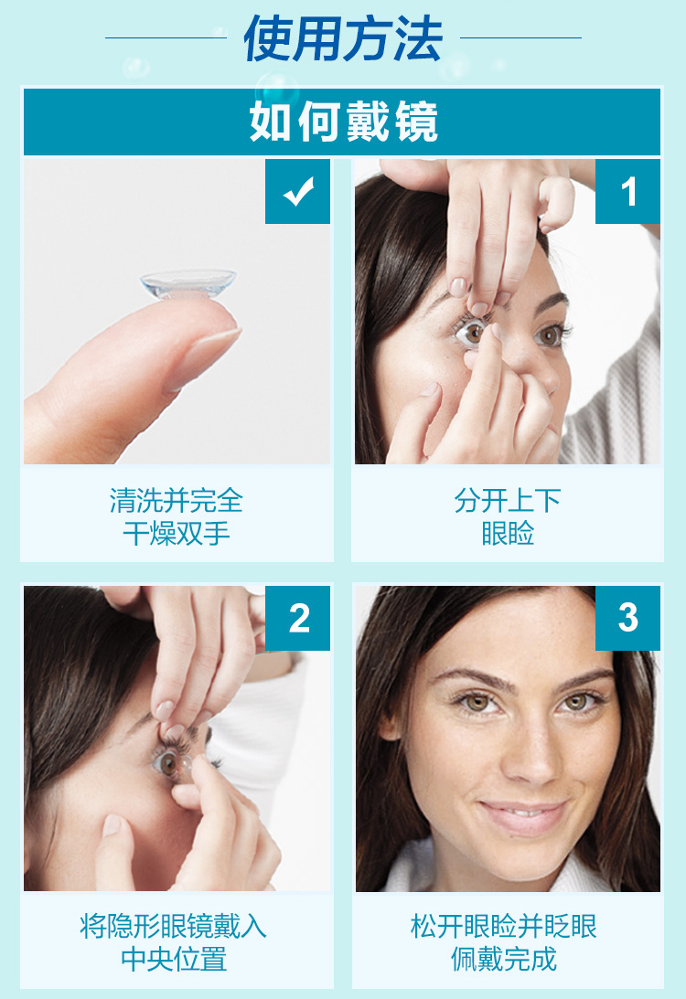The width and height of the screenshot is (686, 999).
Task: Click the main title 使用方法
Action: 343,38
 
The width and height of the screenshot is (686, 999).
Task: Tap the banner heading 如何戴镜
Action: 343,122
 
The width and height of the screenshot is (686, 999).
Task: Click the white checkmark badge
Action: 297,192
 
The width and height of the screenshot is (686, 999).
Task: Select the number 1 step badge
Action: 627,192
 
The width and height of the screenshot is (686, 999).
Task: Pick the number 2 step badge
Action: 297,619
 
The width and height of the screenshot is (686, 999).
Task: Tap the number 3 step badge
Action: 627,619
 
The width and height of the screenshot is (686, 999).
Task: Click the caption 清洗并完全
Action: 177,501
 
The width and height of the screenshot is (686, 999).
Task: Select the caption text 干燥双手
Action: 177,534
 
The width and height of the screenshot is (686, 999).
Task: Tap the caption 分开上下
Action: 508,501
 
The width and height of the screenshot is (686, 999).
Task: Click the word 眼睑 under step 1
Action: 508,534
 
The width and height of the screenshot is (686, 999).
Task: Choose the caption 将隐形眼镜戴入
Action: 174,926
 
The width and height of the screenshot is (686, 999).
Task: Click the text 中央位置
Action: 174,960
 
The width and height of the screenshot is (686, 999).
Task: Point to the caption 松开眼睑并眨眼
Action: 504,926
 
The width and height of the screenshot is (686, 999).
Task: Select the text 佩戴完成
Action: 504,960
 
